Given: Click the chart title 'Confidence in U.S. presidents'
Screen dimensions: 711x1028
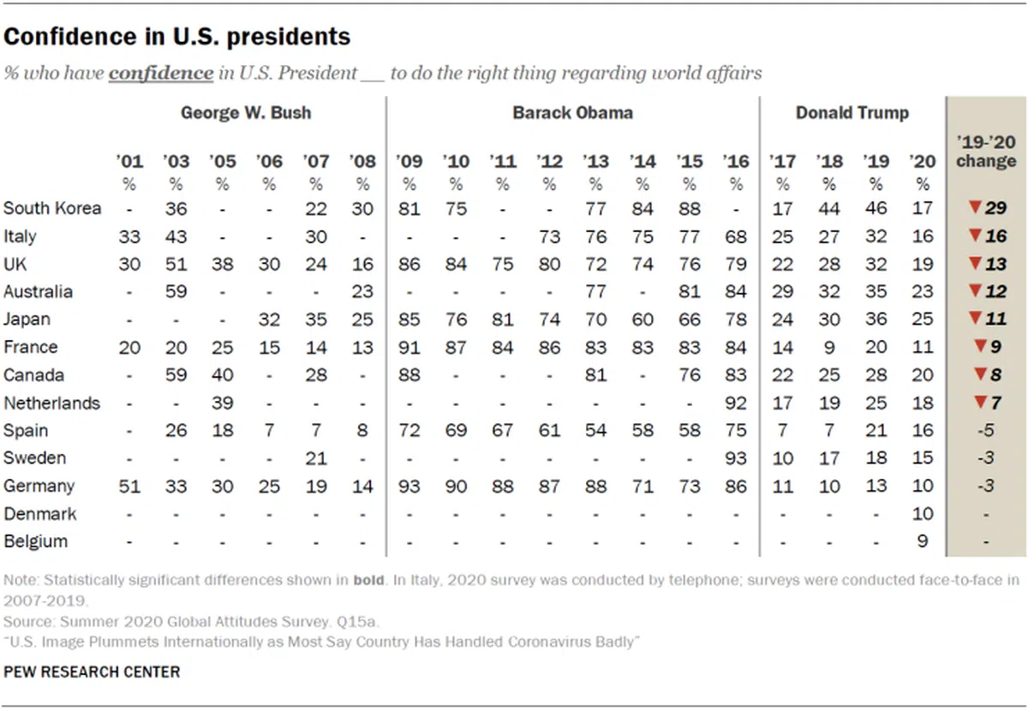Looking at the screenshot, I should click(x=177, y=37).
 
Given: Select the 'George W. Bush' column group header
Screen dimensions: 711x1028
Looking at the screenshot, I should click(x=246, y=113).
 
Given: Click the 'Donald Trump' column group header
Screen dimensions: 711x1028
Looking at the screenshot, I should click(x=852, y=113).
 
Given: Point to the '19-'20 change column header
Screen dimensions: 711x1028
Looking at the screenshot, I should click(x=986, y=152).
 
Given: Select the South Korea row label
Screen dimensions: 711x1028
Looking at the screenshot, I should click(x=52, y=208).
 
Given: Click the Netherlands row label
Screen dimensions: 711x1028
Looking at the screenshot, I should click(x=51, y=403).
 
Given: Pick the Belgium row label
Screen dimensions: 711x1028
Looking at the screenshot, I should click(x=35, y=541).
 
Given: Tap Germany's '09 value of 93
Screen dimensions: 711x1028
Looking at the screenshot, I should click(x=409, y=486).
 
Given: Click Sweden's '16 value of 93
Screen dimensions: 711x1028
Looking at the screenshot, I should click(x=735, y=458).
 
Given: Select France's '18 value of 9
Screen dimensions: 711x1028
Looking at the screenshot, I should click(x=829, y=348).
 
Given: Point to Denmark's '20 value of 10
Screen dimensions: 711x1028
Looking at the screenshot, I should click(x=922, y=514).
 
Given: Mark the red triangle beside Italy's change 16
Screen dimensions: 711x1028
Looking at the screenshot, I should click(x=973, y=236).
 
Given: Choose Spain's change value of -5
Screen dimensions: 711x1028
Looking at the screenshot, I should click(x=987, y=431).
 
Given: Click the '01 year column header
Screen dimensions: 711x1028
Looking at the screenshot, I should click(x=129, y=161).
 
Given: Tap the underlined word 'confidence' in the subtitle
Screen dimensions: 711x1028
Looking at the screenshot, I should click(x=161, y=73).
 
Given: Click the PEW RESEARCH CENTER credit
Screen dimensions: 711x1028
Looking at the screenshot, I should click(x=92, y=672).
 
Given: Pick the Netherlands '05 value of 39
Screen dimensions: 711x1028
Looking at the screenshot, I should click(x=223, y=403).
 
